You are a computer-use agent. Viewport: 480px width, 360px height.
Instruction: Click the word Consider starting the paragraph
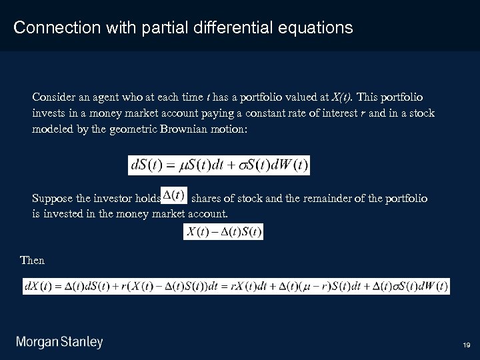[x=53, y=97]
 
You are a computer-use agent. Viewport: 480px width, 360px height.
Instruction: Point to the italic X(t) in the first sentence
[x=343, y=97]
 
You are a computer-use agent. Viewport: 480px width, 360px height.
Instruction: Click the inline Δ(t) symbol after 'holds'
[x=175, y=195]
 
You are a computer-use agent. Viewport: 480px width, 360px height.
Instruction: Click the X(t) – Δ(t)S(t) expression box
[x=223, y=232]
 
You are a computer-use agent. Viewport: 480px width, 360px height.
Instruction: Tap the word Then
[x=33, y=261]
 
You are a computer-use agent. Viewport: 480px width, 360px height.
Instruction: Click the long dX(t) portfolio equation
[x=236, y=286]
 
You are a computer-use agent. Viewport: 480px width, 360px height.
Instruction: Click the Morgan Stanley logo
[x=60, y=343]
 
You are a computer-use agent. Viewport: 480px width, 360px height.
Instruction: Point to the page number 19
[x=466, y=345]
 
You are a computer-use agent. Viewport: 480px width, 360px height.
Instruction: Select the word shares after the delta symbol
[x=207, y=199]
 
